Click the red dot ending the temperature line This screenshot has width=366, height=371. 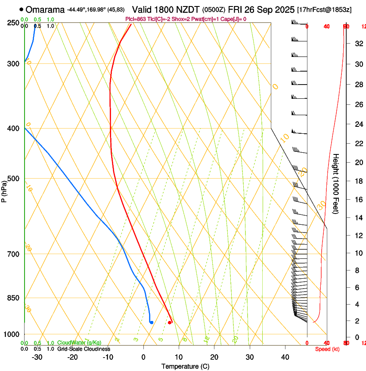click(170, 322)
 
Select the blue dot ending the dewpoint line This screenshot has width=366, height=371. click(151, 322)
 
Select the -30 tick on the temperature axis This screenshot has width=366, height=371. click(37, 357)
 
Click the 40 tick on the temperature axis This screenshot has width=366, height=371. click(285, 357)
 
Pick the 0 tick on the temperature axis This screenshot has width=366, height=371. click(143, 357)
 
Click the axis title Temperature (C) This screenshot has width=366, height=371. click(185, 366)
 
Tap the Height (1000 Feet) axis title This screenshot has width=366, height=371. click(336, 183)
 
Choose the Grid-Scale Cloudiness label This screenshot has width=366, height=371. click(84, 349)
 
